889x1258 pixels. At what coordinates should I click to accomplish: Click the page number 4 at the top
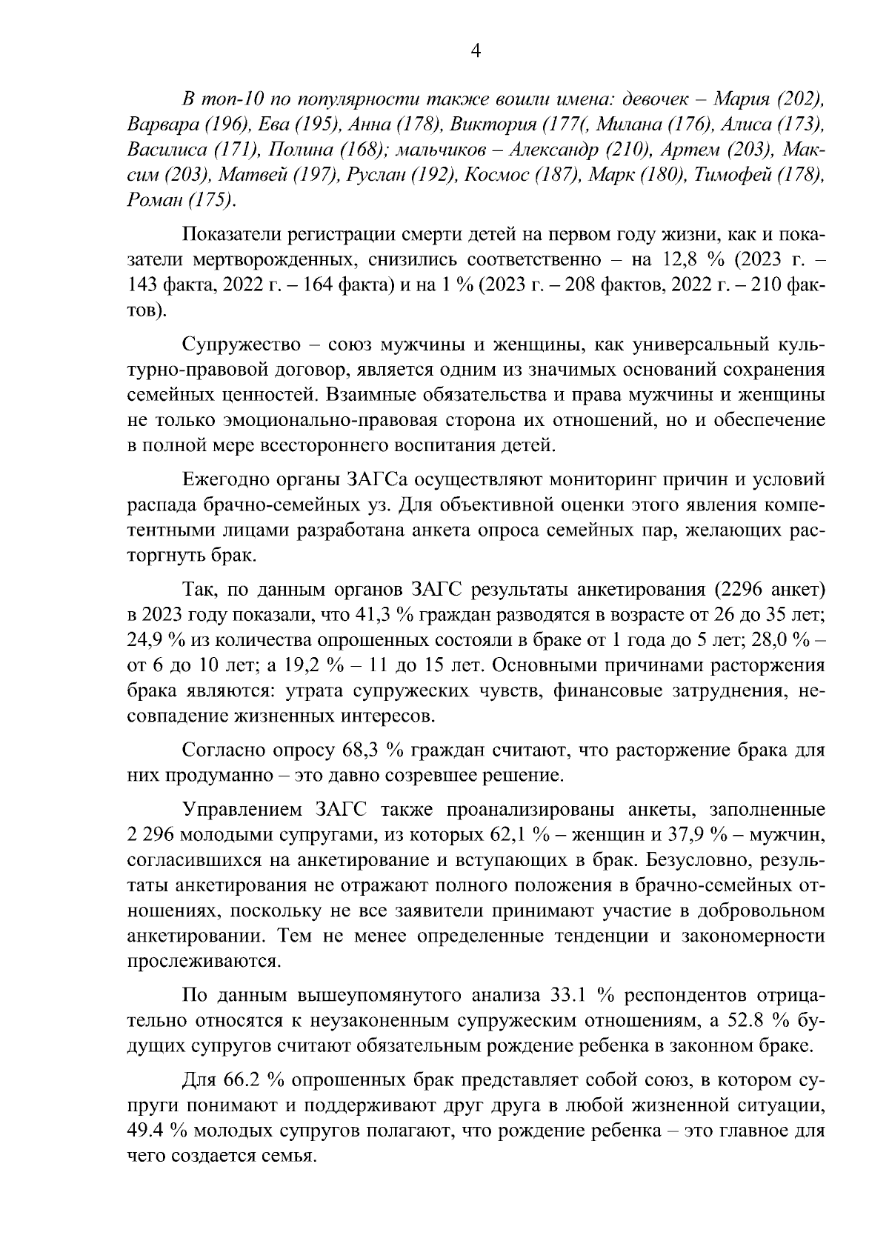(476, 50)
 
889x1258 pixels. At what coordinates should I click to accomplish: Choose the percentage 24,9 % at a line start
(154, 640)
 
